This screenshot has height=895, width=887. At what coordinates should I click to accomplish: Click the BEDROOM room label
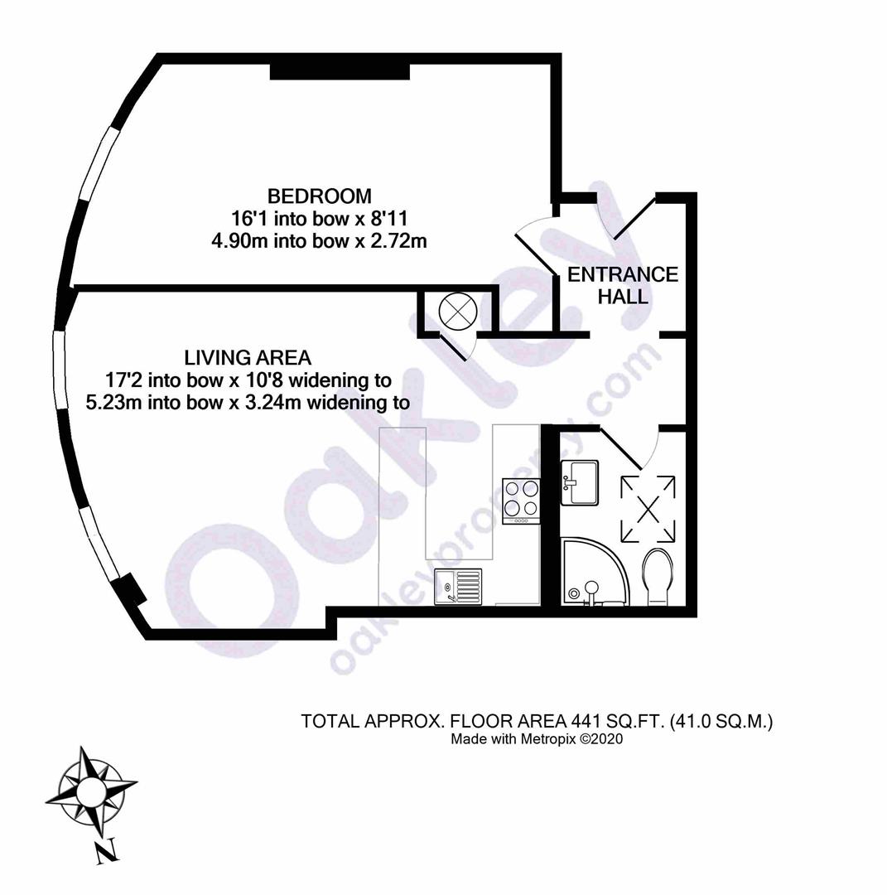point(320,196)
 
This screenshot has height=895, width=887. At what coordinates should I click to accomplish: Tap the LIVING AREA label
point(248,358)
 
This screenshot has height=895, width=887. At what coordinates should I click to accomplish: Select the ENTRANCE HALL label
point(623,285)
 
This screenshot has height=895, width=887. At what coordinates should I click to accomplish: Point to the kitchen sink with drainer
point(458,586)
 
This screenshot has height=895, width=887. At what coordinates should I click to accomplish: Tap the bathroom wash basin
point(580,483)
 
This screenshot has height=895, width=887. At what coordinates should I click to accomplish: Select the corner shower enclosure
point(595,571)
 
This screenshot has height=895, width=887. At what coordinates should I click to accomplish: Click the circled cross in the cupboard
point(457,312)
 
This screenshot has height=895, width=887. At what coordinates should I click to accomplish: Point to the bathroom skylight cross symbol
point(648,509)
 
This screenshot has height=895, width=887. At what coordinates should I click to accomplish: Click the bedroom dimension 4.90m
point(241,241)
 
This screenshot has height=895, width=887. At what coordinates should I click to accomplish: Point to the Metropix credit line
point(537,739)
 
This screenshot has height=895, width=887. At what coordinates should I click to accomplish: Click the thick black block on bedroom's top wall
point(340,72)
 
